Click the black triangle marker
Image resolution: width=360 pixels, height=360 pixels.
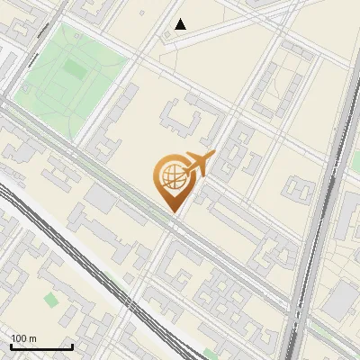click(x=181, y=24)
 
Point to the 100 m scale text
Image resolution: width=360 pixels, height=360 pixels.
click(x=24, y=337)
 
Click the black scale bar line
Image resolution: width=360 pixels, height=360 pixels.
click(x=41, y=346)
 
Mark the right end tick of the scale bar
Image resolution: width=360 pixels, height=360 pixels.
click(x=72, y=345)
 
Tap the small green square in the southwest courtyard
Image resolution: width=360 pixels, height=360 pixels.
click(x=49, y=298)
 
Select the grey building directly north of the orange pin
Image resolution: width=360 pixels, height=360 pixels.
click(x=184, y=117)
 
